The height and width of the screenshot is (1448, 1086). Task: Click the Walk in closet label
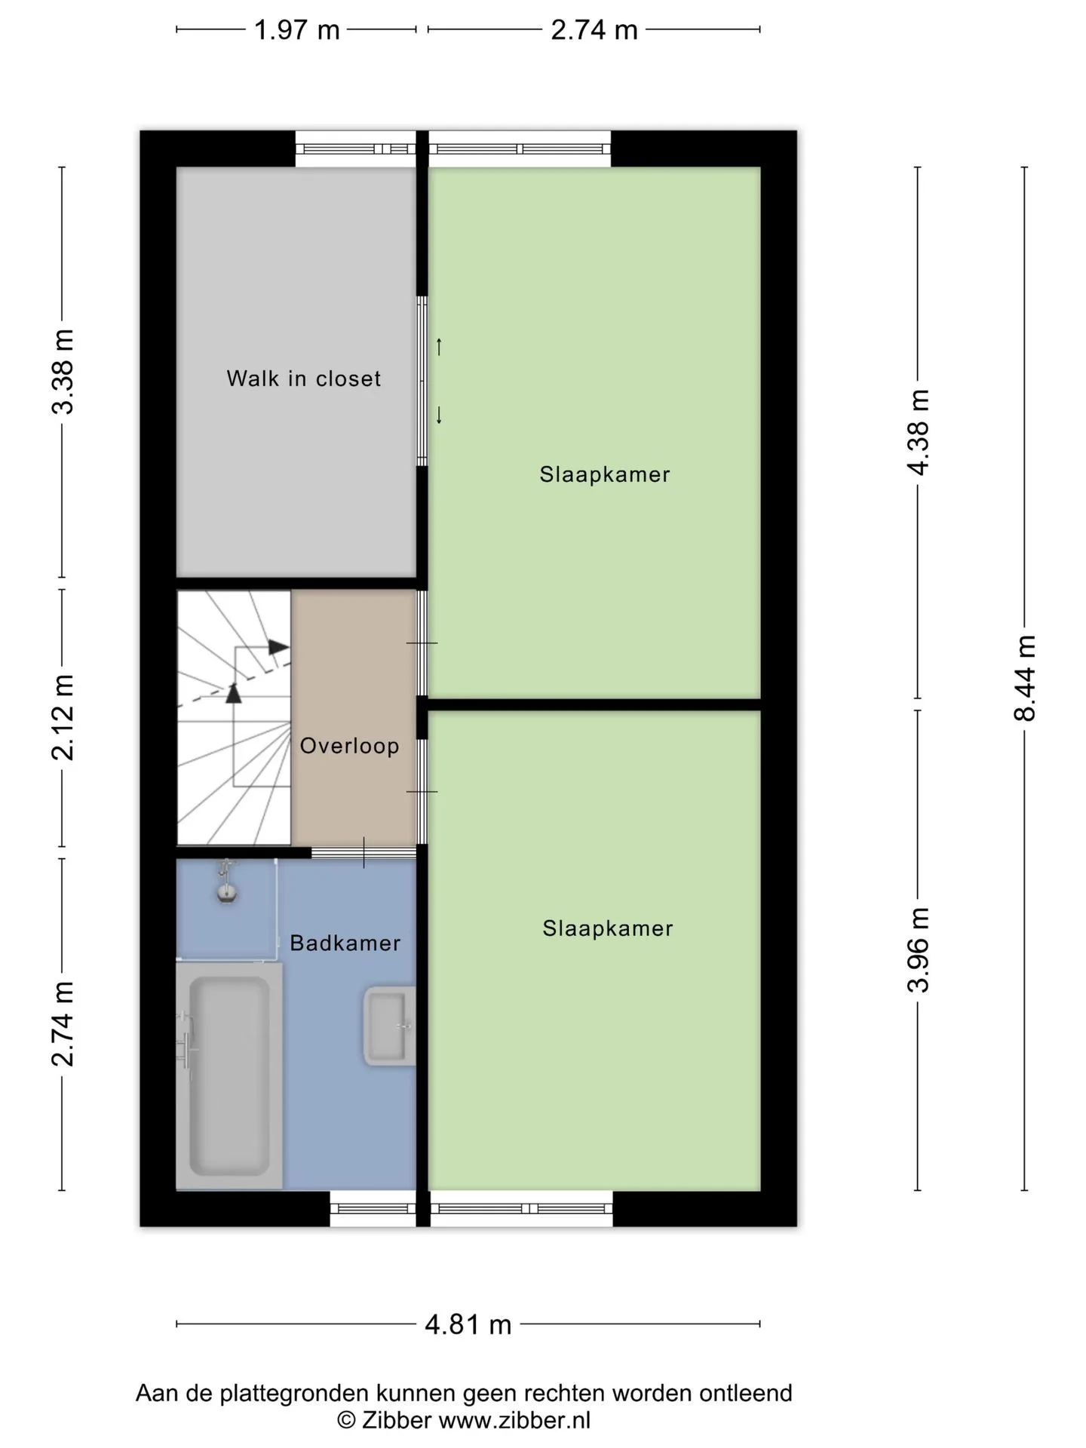(x=304, y=378)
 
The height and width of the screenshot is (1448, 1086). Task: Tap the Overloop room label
(x=349, y=746)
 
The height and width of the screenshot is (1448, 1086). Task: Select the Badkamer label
(x=345, y=943)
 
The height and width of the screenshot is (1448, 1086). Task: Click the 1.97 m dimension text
(x=296, y=30)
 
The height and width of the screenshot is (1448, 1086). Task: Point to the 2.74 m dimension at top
(x=594, y=30)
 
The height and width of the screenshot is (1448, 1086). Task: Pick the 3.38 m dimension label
(x=63, y=372)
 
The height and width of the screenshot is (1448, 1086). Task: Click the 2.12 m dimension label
(x=63, y=717)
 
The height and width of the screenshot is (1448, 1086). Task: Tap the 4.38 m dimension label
(x=919, y=432)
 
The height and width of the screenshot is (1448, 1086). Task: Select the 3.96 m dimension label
(x=919, y=949)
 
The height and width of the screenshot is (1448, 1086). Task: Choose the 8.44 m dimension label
(x=1025, y=678)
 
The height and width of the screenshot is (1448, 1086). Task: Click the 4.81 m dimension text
(x=468, y=1324)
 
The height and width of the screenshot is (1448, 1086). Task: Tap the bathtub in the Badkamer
(x=229, y=1075)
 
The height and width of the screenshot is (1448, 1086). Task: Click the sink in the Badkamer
(x=389, y=1026)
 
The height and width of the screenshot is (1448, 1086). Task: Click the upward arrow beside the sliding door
(x=439, y=347)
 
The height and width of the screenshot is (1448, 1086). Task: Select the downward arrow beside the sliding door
(x=439, y=415)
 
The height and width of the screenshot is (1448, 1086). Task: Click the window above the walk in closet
(x=355, y=149)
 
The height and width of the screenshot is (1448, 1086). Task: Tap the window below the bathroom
(x=373, y=1208)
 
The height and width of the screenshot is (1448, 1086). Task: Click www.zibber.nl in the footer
(x=514, y=1420)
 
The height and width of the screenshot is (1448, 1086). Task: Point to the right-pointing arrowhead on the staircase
(x=279, y=647)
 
